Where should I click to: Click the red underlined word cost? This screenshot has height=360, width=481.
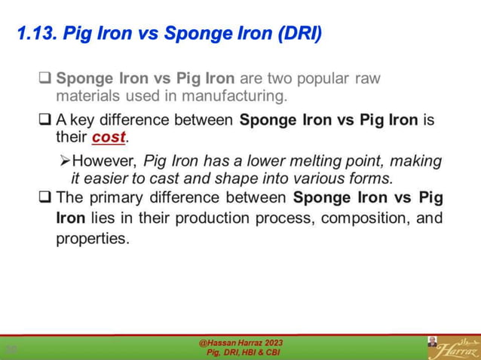coord(109,138)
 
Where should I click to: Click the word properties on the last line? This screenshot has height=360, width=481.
coord(93,239)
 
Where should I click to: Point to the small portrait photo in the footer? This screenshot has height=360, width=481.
coord(432,342)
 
